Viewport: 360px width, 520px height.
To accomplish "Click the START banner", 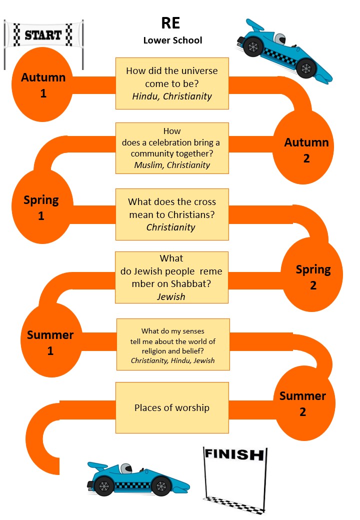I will pos(43,35).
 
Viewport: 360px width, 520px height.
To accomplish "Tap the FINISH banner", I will pos(233,454).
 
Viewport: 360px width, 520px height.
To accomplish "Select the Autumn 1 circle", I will pos(43,85).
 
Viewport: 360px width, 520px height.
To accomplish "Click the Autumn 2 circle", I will pos(306,150).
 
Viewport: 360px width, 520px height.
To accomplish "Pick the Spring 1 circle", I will pos(41,208).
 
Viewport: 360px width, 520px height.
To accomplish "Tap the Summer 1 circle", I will pos(50,343).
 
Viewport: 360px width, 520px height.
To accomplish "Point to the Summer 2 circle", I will pos(302,404).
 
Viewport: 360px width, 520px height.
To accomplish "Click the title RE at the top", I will pos(170,23).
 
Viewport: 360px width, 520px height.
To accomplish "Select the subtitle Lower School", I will pos(172,40).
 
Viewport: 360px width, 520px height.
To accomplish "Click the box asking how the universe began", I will pos(172,83).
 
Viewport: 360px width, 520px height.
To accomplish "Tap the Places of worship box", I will pos(172,407).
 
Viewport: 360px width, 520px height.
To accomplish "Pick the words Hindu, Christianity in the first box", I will pos(172,96).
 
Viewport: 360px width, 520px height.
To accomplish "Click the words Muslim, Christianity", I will pos(172,165).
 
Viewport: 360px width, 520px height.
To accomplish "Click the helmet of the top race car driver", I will pos(281,39).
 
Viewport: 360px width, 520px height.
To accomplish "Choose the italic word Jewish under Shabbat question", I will pos(171,297).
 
